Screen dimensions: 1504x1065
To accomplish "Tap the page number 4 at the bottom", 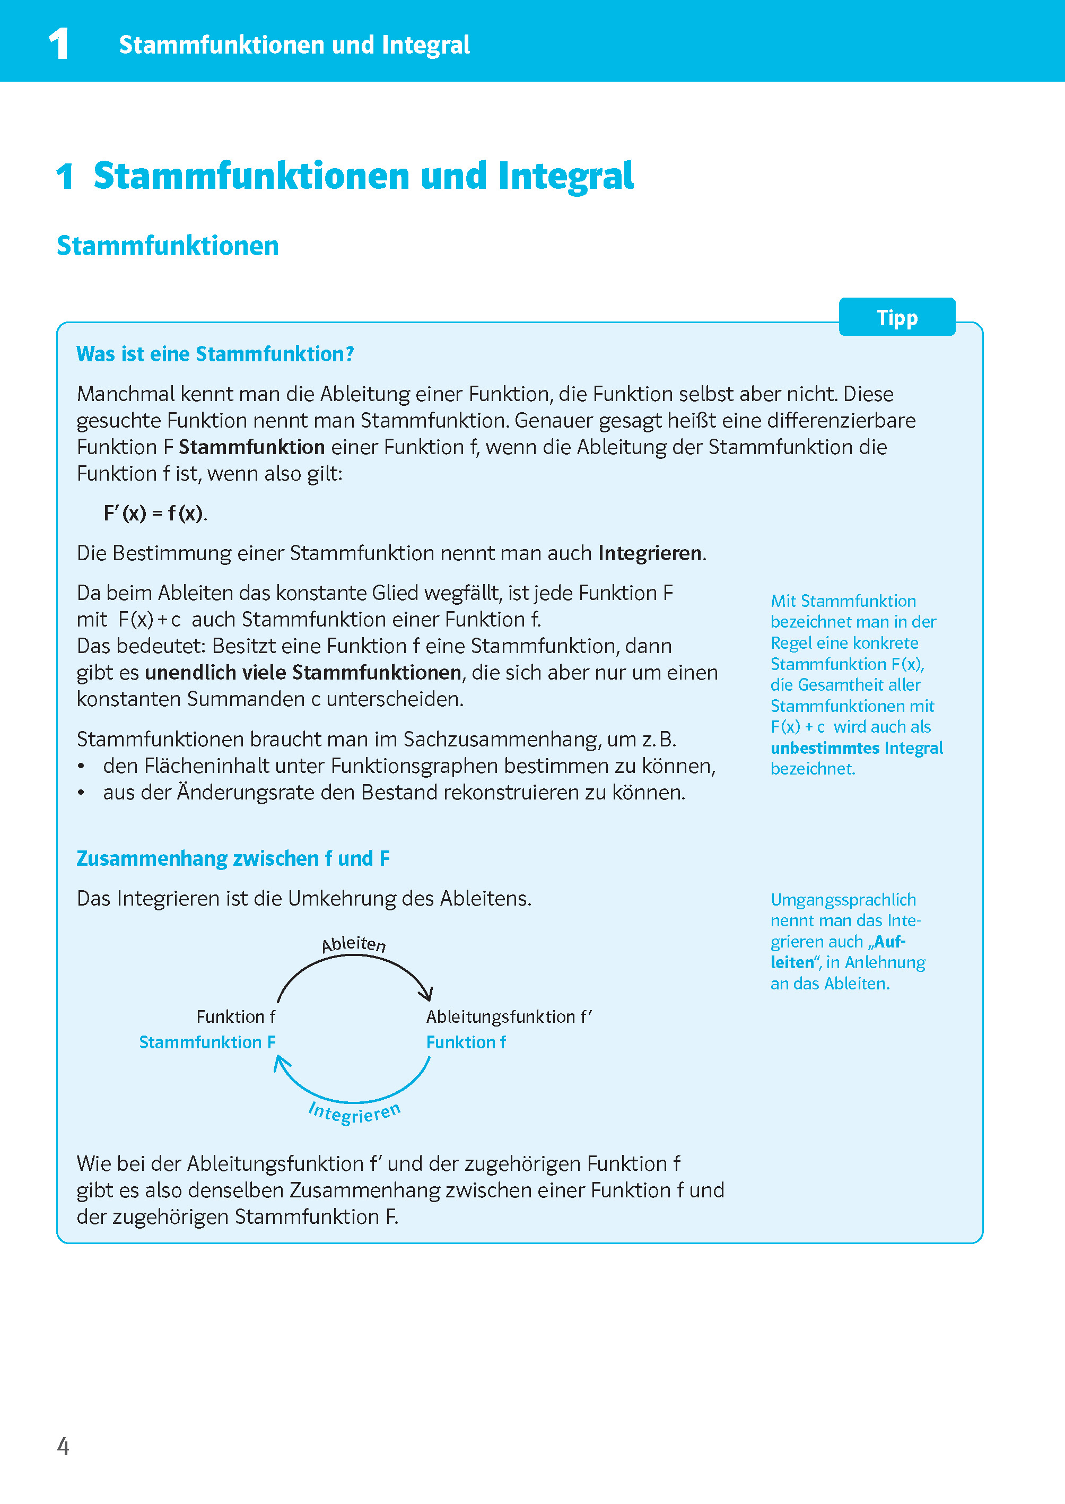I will point(63,1446).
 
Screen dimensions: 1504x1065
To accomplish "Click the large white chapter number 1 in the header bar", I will point(59,45).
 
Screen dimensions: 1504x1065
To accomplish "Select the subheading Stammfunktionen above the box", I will point(168,246).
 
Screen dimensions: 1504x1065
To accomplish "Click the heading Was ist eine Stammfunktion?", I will point(215,354).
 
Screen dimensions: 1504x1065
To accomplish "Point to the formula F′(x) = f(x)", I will point(155,513).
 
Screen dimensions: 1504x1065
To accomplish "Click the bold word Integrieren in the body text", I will point(649,553).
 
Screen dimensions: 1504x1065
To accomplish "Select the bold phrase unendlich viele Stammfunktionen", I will point(303,672).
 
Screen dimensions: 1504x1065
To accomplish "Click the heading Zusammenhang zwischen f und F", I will point(233,858).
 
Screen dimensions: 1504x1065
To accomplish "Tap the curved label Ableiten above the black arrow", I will point(353,944).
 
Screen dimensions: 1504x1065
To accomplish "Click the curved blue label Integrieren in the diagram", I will point(355,1112).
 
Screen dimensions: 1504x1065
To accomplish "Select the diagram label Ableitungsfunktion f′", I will point(509,1016).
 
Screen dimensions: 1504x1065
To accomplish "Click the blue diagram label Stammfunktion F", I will point(207,1042).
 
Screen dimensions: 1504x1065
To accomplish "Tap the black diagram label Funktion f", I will point(235,1016).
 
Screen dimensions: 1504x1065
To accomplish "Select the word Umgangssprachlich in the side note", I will point(843,900).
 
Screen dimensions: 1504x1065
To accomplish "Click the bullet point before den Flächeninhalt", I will point(81,766).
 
